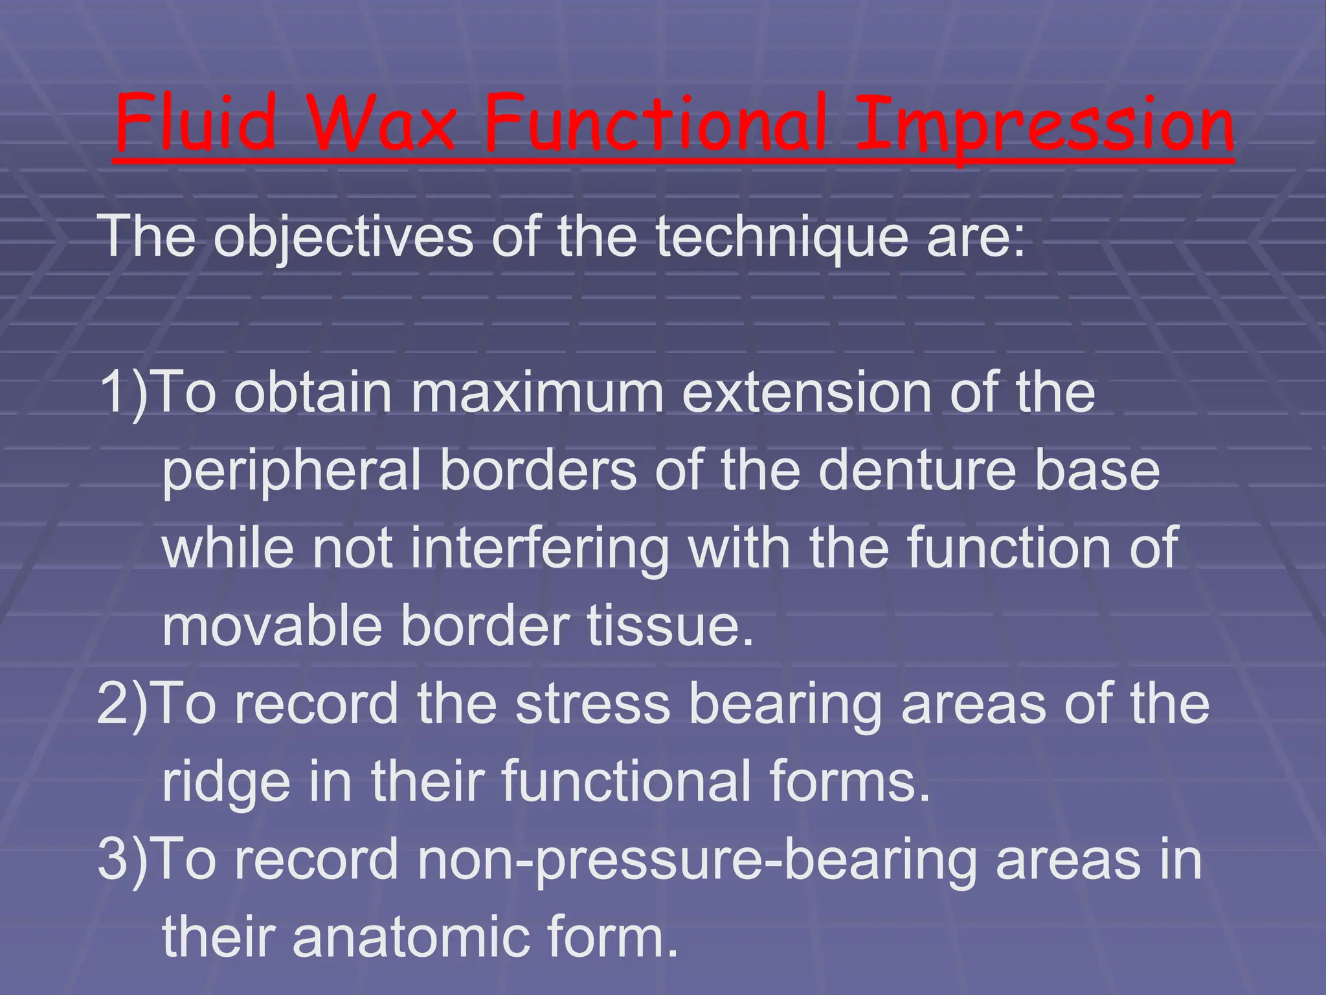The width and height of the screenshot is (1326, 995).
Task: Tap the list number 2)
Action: pyautogui.click(x=124, y=705)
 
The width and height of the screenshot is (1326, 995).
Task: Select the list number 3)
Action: pyautogui.click(x=124, y=860)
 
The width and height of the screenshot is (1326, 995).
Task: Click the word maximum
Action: pyautogui.click(x=537, y=393)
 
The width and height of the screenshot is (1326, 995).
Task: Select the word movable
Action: pyautogui.click(x=272, y=626)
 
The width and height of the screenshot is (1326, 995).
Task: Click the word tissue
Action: pyautogui.click(x=670, y=626)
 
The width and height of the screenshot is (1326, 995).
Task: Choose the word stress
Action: pyautogui.click(x=592, y=705)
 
